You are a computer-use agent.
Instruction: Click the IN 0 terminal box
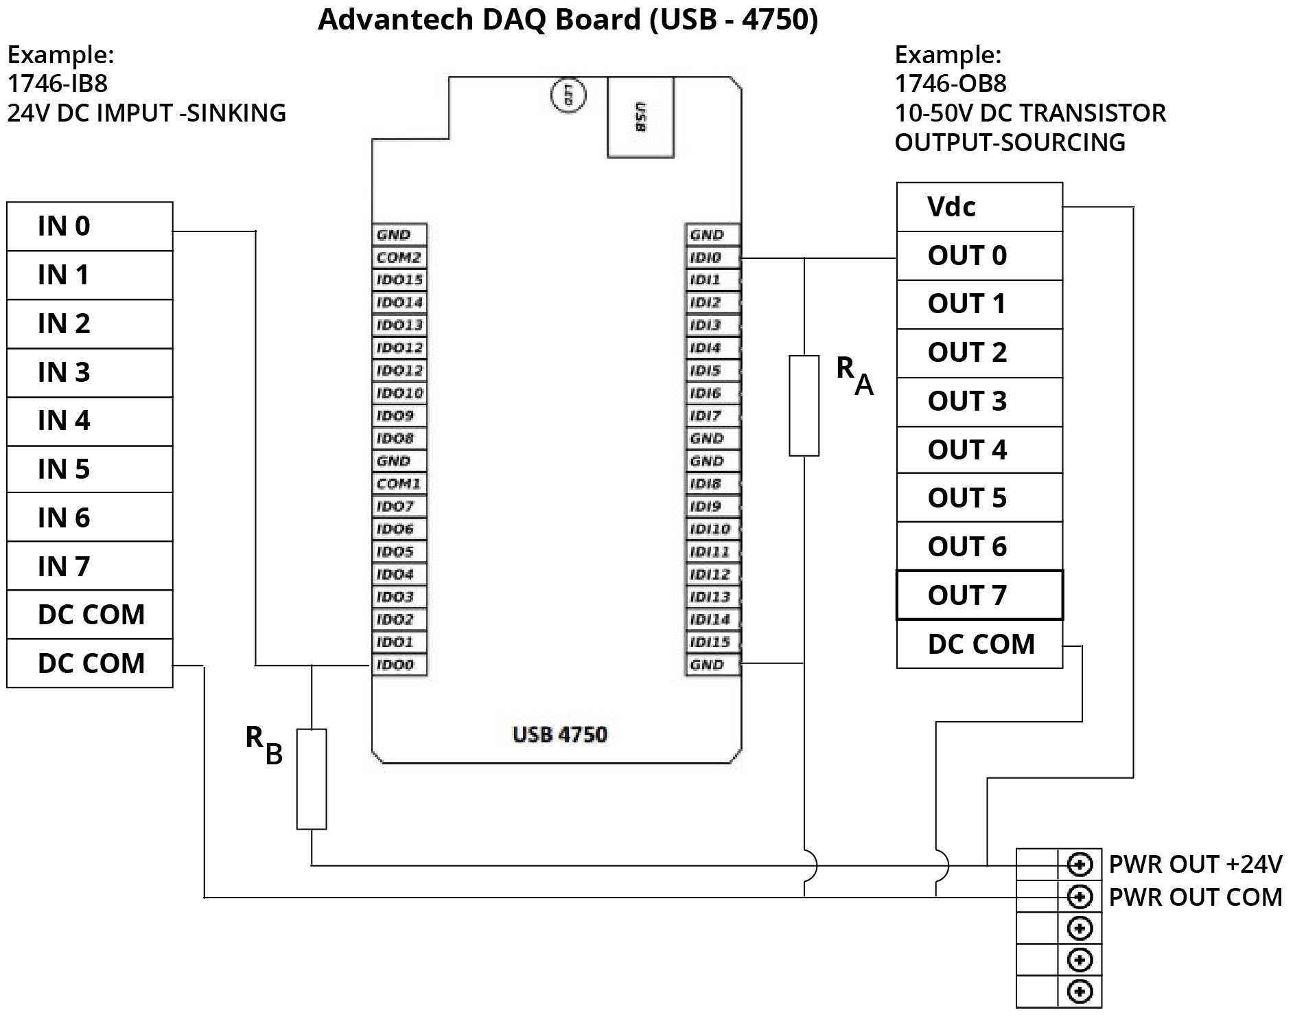[89, 226]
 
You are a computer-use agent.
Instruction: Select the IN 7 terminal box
[89, 566]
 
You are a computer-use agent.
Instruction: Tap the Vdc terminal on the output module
[979, 207]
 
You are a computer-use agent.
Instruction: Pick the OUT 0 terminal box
[979, 255]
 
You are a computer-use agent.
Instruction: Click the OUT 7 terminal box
[979, 595]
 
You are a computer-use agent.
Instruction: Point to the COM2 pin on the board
[399, 258]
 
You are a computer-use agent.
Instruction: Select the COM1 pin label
[399, 483]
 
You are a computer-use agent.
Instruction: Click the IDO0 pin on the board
[399, 665]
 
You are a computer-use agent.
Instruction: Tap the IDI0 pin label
[711, 258]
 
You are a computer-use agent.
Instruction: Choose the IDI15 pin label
[711, 642]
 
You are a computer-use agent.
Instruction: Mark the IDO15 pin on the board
[399, 280]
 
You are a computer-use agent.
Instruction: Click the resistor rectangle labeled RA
[804, 405]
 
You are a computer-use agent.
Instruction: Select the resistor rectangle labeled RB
[312, 779]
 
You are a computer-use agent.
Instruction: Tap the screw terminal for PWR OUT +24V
[1080, 865]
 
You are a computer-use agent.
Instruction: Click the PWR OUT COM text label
[1195, 898]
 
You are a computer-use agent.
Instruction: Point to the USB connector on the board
[640, 117]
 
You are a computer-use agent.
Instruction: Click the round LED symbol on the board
[568, 96]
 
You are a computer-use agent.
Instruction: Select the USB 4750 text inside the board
[559, 735]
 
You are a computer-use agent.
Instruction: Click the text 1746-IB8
[58, 83]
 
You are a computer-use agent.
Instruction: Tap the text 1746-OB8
[951, 83]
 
